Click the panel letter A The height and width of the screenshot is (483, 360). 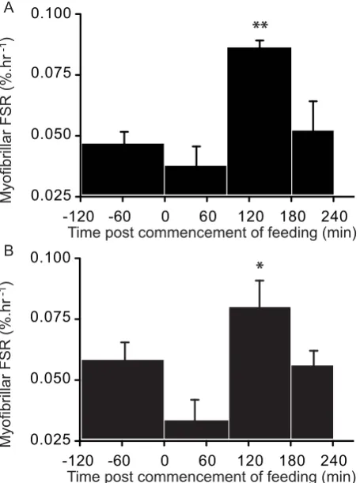coord(9,8)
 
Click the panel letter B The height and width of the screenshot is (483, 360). coord(9,251)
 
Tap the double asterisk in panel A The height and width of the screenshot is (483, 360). coord(260,26)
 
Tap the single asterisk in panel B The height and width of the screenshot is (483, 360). coord(260,266)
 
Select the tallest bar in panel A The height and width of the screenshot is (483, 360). coord(260,121)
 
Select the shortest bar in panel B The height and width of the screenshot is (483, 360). coord(196,429)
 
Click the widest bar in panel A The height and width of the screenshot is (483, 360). coord(123,169)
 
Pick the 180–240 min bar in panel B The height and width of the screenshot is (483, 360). coord(313,402)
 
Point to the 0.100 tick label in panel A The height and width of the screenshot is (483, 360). coord(51,13)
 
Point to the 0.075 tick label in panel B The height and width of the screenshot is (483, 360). coord(51,318)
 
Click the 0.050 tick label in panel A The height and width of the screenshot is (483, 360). coord(51,135)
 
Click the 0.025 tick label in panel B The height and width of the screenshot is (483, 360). coord(51,440)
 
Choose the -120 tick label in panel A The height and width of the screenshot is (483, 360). coord(78,217)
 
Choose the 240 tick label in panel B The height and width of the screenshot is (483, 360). coord(334,461)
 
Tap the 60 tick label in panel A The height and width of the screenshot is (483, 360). coord(207,217)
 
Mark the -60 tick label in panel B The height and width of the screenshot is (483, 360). coord(119,461)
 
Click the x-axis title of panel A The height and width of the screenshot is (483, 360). coord(212,232)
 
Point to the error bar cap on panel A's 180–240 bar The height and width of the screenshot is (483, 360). coord(313,101)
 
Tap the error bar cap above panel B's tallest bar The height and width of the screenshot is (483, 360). coord(260,281)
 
